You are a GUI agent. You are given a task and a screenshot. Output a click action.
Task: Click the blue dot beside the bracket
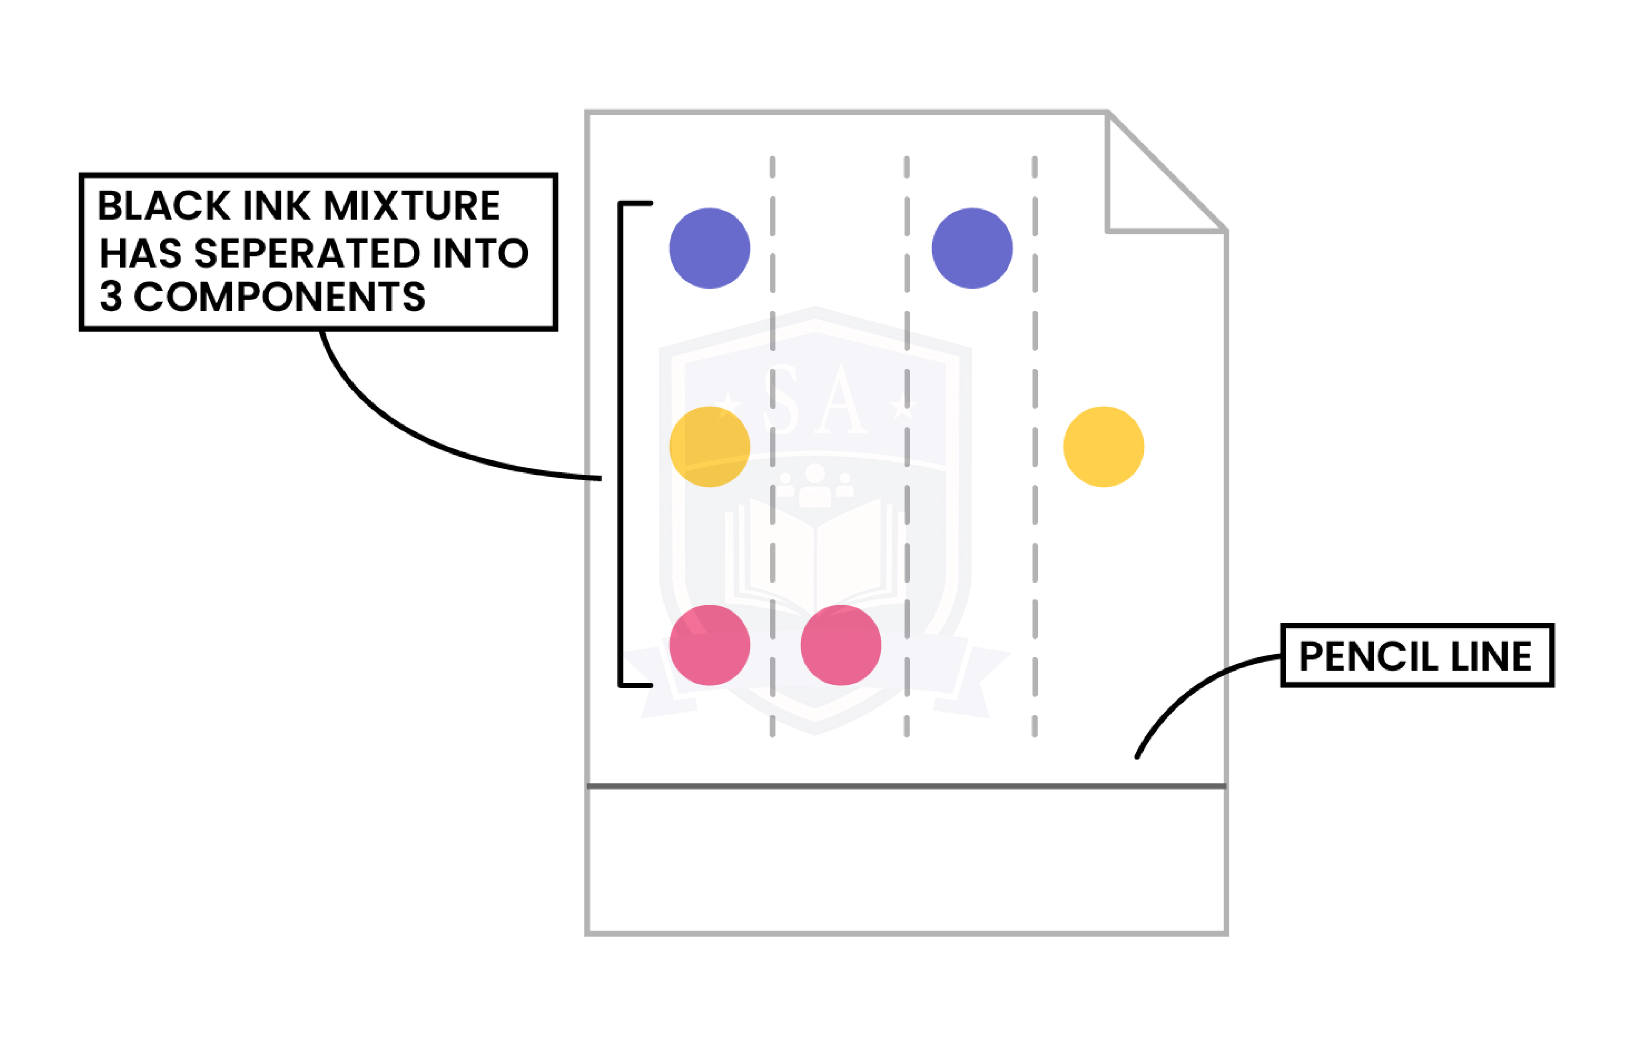tap(709, 248)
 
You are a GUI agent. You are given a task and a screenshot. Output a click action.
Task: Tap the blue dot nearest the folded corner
tap(972, 248)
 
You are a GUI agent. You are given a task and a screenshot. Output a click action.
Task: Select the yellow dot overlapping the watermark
tap(709, 446)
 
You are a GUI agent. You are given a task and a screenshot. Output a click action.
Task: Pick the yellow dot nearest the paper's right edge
tap(1103, 446)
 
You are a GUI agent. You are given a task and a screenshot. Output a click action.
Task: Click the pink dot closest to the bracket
tap(709, 645)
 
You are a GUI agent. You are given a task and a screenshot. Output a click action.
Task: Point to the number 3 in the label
tap(111, 296)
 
